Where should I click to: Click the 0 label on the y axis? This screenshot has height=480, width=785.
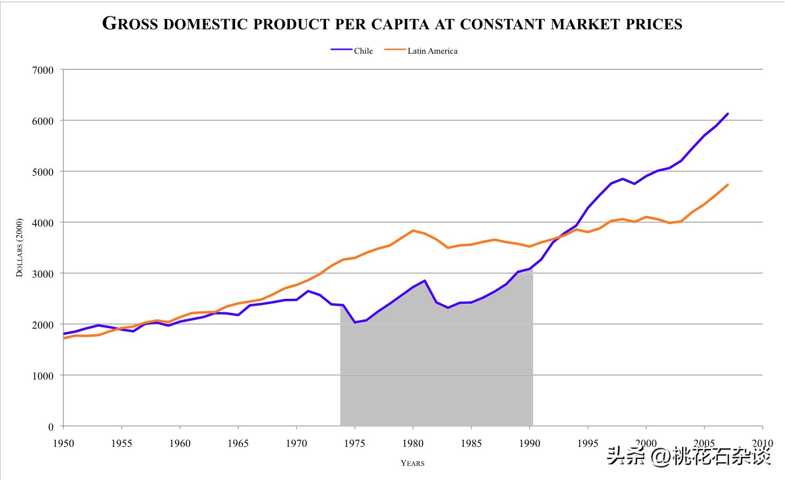tap(51, 427)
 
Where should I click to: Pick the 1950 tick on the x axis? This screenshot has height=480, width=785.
tap(63, 443)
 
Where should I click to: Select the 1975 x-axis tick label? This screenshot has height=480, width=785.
tap(355, 443)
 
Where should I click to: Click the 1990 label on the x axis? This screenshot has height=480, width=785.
tap(529, 443)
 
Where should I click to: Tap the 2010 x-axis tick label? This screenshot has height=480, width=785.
tap(762, 443)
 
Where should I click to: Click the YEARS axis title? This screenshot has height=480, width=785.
tap(412, 463)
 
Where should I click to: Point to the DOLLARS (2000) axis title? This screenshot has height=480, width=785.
tap(20, 247)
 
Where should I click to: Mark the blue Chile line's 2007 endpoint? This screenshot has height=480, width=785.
tap(728, 114)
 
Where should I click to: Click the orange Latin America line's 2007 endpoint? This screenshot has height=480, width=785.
tap(728, 185)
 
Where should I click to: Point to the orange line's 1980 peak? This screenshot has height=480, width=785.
tap(413, 231)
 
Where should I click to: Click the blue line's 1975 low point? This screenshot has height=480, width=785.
tap(355, 322)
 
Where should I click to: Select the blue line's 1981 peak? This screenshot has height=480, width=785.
tap(425, 280)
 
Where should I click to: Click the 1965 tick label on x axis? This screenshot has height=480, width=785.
tap(238, 443)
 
